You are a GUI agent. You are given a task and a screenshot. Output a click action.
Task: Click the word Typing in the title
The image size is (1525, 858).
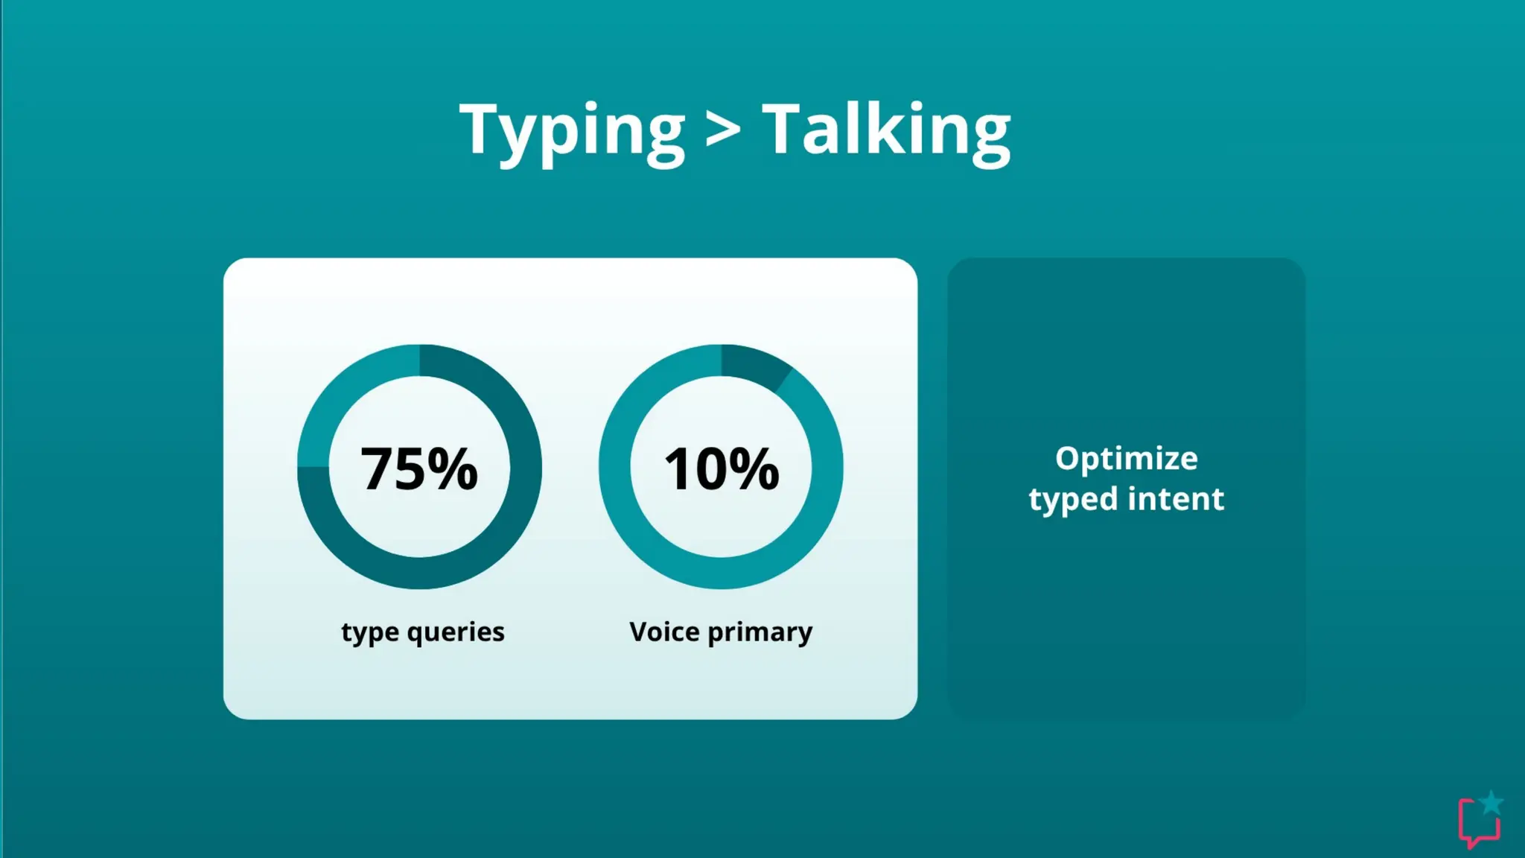coord(572,131)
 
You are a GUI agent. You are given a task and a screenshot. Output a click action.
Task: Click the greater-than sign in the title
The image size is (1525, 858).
coord(723,131)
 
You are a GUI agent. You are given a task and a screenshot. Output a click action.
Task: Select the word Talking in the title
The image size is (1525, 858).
coord(886,131)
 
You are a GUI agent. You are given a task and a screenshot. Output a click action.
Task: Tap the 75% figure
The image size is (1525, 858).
coord(418,468)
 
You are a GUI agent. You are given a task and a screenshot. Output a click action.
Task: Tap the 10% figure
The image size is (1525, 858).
coord(721,468)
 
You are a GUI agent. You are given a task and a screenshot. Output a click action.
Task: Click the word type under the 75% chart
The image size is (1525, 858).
coord(369,633)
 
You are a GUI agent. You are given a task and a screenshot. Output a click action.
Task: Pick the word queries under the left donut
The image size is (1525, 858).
coord(456,633)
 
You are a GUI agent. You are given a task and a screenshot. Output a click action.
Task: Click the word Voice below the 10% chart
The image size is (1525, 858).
coord(664,632)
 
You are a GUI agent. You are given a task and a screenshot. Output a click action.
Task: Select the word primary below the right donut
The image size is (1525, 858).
coord(760,633)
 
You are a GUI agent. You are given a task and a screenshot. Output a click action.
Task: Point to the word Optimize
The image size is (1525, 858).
coord(1126,459)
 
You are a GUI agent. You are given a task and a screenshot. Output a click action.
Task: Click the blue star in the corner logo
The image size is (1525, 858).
coord(1491,803)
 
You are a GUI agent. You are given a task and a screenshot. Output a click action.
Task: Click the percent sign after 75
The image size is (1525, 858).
coord(453,468)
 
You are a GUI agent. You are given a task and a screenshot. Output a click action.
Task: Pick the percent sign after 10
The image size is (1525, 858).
coord(754,468)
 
